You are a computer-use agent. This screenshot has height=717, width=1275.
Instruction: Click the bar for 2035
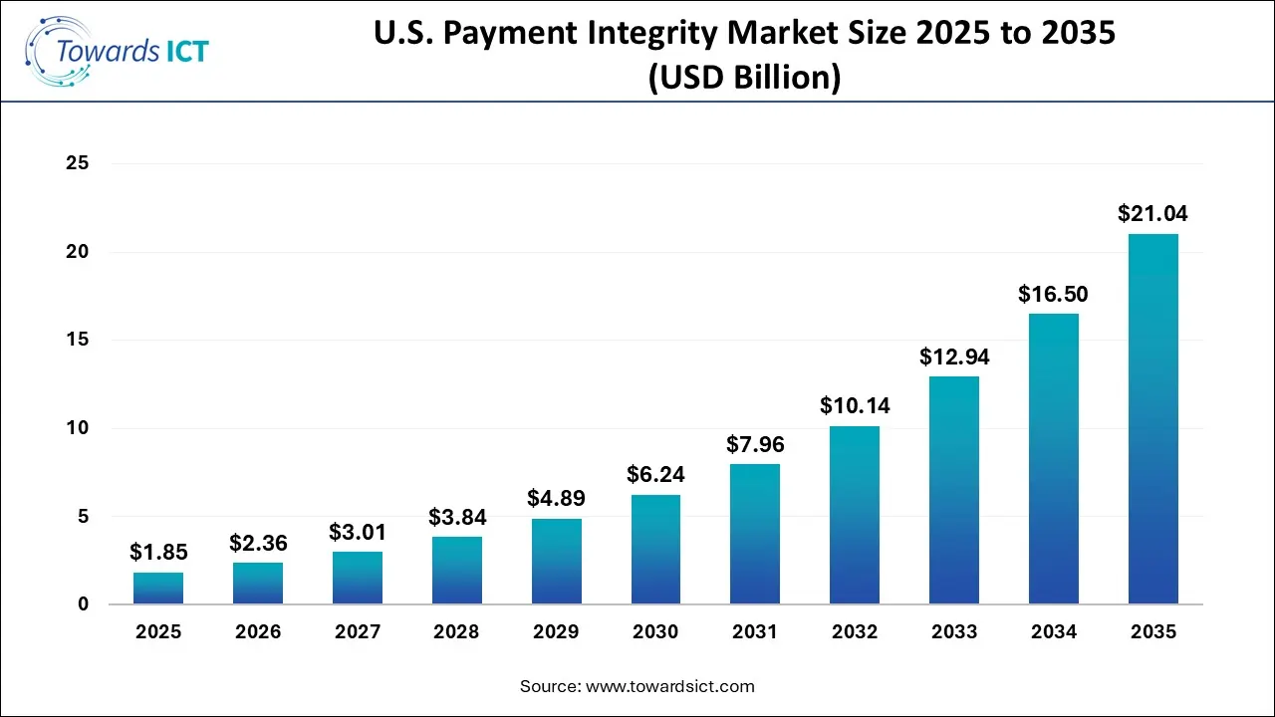(1153, 418)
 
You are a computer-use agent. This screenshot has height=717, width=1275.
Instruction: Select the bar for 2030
(655, 549)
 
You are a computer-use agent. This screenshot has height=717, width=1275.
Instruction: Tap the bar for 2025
(158, 588)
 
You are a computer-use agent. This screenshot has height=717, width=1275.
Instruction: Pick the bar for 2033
(954, 490)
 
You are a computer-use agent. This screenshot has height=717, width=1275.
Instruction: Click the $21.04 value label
(1152, 213)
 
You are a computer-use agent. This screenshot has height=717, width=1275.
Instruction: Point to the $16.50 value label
(1053, 294)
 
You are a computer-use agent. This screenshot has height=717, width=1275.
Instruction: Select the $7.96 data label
(755, 443)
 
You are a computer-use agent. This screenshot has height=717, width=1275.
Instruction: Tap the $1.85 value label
(158, 552)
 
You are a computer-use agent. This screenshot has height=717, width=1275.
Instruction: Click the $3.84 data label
(457, 517)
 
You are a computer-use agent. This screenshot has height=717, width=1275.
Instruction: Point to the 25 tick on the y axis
(78, 163)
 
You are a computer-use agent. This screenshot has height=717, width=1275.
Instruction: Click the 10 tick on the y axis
(78, 428)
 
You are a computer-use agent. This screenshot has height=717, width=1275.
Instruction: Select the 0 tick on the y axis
(83, 604)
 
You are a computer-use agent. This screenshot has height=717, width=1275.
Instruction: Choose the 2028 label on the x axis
(457, 632)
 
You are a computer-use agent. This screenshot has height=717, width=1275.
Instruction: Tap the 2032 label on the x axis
(855, 632)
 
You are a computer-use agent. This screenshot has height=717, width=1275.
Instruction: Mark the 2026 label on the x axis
(258, 632)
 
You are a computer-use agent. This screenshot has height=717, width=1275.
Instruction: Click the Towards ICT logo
(118, 50)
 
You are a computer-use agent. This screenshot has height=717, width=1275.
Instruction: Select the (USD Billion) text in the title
(744, 78)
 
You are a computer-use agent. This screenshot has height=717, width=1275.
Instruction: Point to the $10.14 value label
(855, 405)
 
